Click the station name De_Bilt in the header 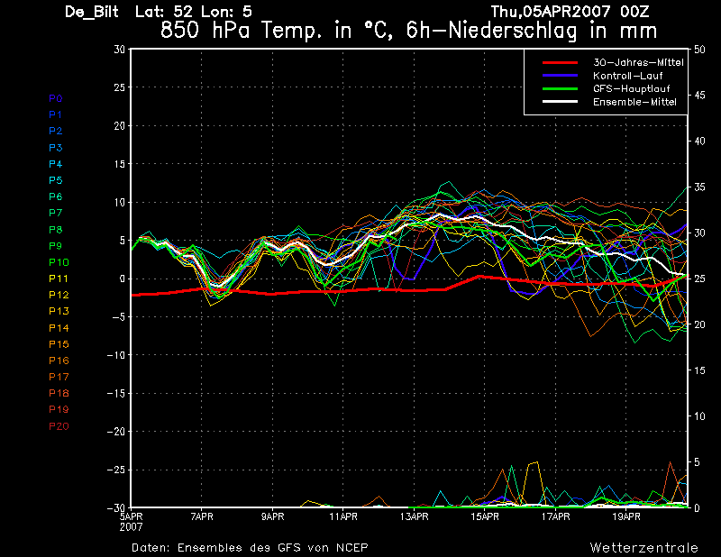(x=92, y=12)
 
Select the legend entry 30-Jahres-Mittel (x=638, y=62)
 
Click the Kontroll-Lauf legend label (x=627, y=76)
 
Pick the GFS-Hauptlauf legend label (x=632, y=88)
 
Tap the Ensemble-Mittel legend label (x=634, y=102)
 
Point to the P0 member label (x=56, y=98)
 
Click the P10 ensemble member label (x=59, y=262)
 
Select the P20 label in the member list (x=59, y=426)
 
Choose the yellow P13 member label (x=59, y=311)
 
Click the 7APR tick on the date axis (x=202, y=516)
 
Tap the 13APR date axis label (x=415, y=516)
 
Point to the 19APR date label (x=626, y=516)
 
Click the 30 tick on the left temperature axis (x=120, y=49)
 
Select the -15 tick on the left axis (x=116, y=394)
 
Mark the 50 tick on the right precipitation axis (x=699, y=50)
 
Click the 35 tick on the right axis (x=699, y=187)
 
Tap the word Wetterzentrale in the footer (x=643, y=548)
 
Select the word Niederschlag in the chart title (x=512, y=32)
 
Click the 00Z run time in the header (x=634, y=11)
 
